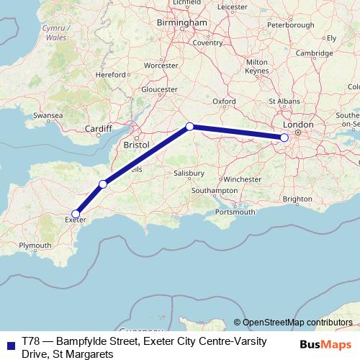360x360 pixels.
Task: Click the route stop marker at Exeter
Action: pyautogui.click(x=76, y=213)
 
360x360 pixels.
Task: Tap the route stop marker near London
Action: pyautogui.click(x=284, y=137)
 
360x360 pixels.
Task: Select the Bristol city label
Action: pyautogui.click(x=136, y=145)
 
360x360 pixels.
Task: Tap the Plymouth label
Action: pyautogui.click(x=35, y=246)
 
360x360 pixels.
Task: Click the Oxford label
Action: pyautogui.click(x=224, y=102)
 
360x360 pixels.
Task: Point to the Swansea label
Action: pyautogui.click(x=48, y=115)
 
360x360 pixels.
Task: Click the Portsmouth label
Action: pyautogui.click(x=235, y=212)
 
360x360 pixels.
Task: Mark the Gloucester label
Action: pyautogui.click(x=159, y=89)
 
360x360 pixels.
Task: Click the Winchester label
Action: pyautogui.click(x=242, y=179)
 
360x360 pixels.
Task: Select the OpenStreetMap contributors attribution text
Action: pyautogui.click(x=297, y=322)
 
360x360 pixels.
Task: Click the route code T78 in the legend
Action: pyautogui.click(x=32, y=338)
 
